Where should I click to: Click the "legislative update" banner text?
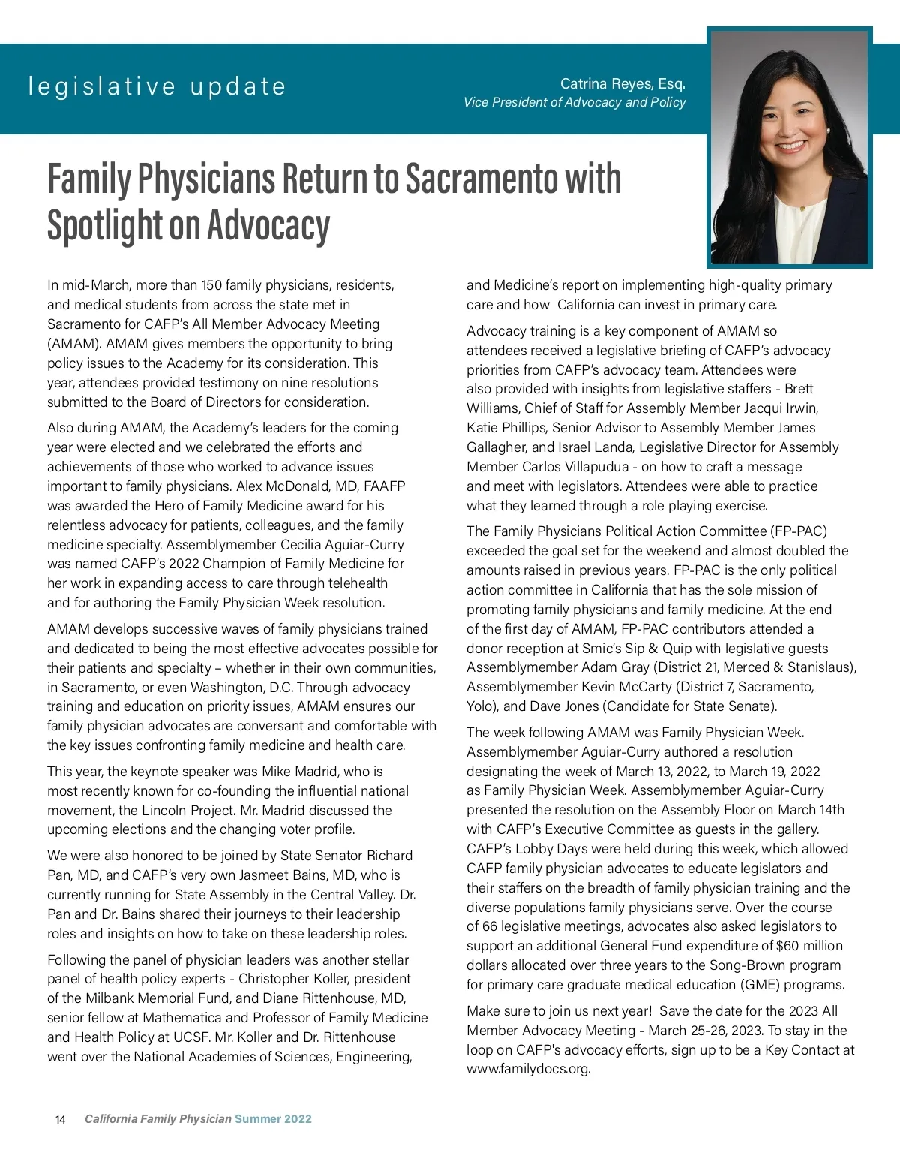pos(157,86)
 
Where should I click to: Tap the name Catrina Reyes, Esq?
pos(622,83)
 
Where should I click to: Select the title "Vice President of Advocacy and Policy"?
pos(574,102)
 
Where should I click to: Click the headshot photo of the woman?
pos(790,147)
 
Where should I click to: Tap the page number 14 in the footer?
pos(61,1120)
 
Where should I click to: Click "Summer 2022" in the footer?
pos(273,1119)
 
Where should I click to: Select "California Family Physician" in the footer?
pos(157,1119)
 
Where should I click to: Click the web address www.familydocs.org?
pos(528,1069)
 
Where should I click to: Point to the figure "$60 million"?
pos(809,946)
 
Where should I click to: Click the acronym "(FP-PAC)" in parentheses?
pos(798,531)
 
